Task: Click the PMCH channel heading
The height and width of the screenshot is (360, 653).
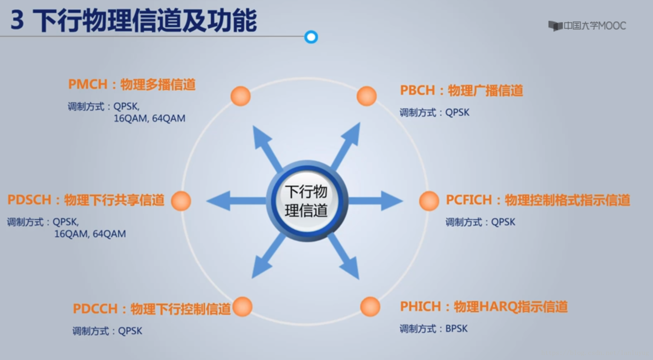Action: coord(132,84)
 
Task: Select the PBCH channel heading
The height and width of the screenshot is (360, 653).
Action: coord(461,90)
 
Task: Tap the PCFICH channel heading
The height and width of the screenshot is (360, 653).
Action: coord(538,200)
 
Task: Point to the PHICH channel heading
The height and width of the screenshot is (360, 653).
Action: coord(483,306)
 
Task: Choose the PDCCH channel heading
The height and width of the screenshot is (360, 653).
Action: coord(152,309)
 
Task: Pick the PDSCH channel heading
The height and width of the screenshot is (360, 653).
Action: coord(86,200)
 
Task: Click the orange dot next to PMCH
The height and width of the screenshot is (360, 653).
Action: coord(240,96)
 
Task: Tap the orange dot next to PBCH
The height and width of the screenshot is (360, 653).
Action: coord(366,96)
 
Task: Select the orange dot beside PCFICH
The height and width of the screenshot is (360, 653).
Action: coord(429,200)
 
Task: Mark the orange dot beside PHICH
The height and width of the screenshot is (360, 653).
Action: coord(370,306)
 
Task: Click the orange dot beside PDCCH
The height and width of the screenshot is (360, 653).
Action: coord(242,306)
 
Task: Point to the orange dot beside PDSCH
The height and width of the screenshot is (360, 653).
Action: coord(181,200)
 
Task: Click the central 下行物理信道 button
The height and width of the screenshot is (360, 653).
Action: coord(306,201)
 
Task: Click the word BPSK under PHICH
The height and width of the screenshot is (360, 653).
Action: coord(457,328)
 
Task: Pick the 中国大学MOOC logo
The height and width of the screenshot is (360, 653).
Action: coord(587,26)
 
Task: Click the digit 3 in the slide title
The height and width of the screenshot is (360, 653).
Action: coord(17,20)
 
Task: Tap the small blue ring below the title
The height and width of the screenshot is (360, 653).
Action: coord(311,37)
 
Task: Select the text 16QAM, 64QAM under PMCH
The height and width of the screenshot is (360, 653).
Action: coord(149,118)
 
